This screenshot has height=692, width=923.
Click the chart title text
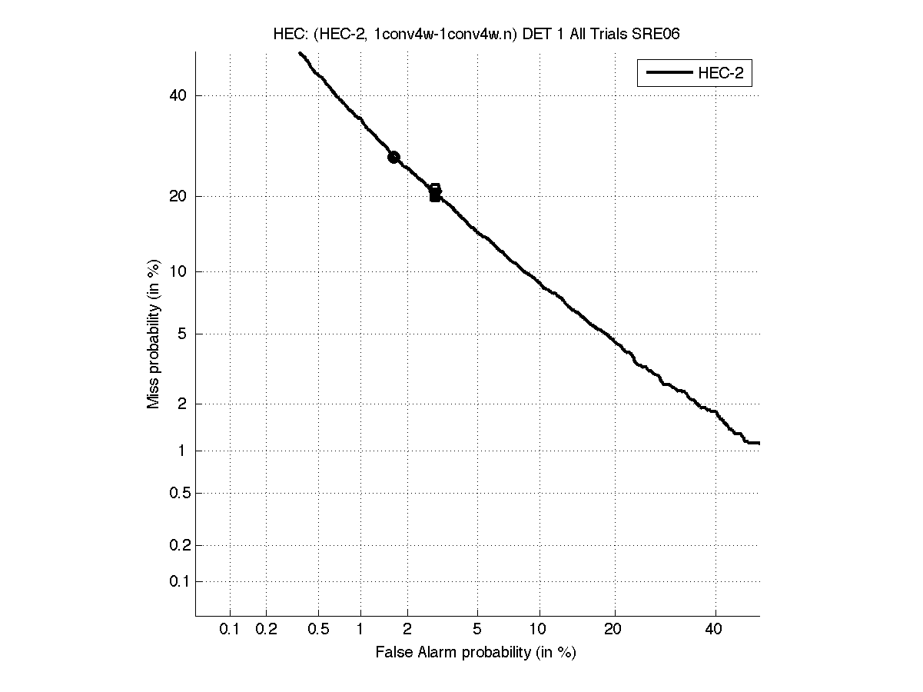pos(476,34)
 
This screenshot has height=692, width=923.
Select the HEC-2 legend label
pos(720,74)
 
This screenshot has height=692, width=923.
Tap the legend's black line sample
pos(668,74)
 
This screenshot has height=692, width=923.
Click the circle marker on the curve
pos(393,157)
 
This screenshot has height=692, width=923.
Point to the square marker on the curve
pos(435,194)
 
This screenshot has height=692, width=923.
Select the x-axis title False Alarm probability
pos(476,653)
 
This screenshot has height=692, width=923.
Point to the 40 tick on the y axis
pos(178,95)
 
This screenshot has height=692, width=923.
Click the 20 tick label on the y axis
pos(178,196)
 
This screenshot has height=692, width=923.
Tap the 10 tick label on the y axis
pos(178,271)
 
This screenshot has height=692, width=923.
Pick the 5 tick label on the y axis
pos(182,334)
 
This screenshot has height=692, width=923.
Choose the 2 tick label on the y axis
pos(182,404)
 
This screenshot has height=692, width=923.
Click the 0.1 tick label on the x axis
pos(230,629)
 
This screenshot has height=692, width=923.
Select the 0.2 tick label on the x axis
pos(267,629)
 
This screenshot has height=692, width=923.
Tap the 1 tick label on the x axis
pos(360,629)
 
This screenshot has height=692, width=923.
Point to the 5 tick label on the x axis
pos(477,629)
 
